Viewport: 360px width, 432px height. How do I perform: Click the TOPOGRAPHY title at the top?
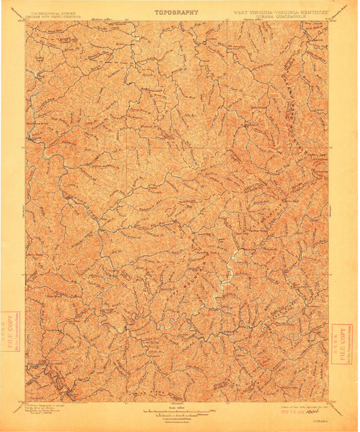[x=177, y=11]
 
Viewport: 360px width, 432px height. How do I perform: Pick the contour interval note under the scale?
[x=177, y=416]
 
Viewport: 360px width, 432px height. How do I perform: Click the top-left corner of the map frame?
[x=26, y=21]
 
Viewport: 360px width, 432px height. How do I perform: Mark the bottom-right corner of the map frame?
[x=328, y=400]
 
